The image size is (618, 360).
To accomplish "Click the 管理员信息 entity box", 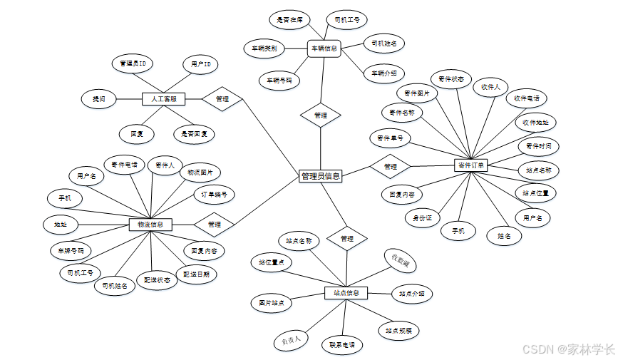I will [x=320, y=175].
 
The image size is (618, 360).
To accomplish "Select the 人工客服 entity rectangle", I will [x=163, y=99].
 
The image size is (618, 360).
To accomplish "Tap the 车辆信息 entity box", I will [x=324, y=48].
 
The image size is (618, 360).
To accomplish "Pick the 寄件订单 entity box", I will [x=470, y=165].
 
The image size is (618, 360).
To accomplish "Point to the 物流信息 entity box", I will [x=150, y=225].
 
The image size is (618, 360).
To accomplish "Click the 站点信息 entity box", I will [x=346, y=292].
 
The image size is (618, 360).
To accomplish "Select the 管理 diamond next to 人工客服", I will [x=222, y=99].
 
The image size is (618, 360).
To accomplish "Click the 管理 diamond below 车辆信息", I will [x=321, y=115].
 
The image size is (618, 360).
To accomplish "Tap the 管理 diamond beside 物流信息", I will [x=214, y=225].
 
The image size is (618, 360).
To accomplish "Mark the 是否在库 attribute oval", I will [x=289, y=20].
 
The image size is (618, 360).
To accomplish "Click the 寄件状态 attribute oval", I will [x=451, y=79].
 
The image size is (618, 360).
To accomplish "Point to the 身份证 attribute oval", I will [x=422, y=218].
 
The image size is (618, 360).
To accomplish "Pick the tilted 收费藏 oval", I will [x=401, y=261].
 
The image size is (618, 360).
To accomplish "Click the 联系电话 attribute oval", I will [x=341, y=345].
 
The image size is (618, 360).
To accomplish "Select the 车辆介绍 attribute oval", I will [x=384, y=73].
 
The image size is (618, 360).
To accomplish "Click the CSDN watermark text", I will [x=568, y=349].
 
